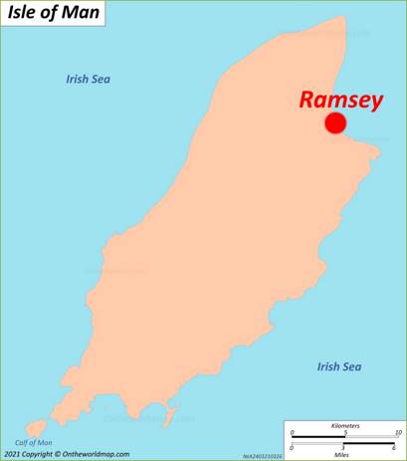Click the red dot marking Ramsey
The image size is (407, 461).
(335, 122)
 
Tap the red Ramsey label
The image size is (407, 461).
(340, 100)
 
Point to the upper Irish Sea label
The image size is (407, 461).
(88, 79)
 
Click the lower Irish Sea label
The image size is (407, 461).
(338, 366)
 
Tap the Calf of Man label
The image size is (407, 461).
(33, 442)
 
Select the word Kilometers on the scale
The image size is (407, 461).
(344, 426)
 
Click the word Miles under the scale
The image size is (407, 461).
(343, 455)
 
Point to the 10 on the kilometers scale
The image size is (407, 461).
(397, 433)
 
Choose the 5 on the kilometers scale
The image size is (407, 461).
(344, 433)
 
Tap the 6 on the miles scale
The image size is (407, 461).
(393, 448)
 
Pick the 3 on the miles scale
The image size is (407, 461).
(342, 448)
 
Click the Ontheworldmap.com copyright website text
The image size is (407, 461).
(96, 454)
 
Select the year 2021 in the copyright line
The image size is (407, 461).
(12, 454)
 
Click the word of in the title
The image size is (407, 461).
(55, 15)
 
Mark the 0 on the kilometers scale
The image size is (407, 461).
(293, 433)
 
